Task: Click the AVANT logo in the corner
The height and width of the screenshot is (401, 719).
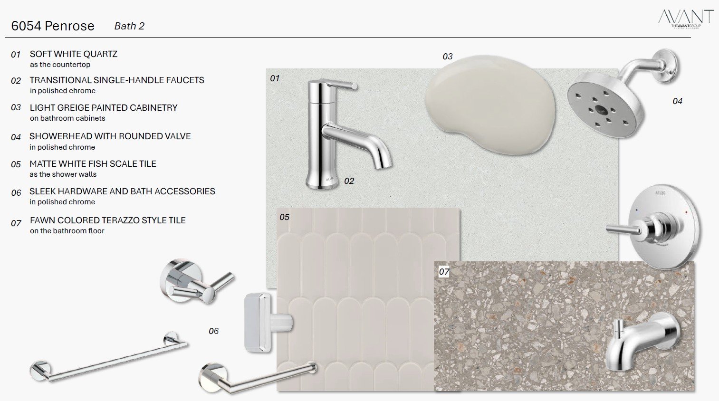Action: [686, 19]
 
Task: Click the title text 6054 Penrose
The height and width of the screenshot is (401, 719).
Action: [53, 26]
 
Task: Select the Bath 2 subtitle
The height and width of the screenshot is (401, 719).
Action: [129, 26]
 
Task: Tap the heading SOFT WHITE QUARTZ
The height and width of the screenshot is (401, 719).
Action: [74, 54]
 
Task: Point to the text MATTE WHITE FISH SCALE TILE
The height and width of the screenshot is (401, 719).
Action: [93, 163]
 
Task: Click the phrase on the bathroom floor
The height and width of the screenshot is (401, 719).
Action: [67, 230]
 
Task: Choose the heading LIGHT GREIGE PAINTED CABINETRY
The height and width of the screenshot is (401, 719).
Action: [103, 107]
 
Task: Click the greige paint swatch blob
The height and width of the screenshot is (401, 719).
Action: [490, 104]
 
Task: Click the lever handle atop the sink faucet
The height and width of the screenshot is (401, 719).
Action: [340, 85]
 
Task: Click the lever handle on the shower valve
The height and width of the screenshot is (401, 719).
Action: [624, 229]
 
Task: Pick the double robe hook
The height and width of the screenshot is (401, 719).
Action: [196, 282]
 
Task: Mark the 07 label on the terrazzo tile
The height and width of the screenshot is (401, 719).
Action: [444, 272]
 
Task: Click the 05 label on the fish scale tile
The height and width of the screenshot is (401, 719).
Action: [284, 217]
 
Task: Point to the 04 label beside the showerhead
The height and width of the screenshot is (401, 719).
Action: [677, 101]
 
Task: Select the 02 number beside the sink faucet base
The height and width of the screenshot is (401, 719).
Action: [349, 181]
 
